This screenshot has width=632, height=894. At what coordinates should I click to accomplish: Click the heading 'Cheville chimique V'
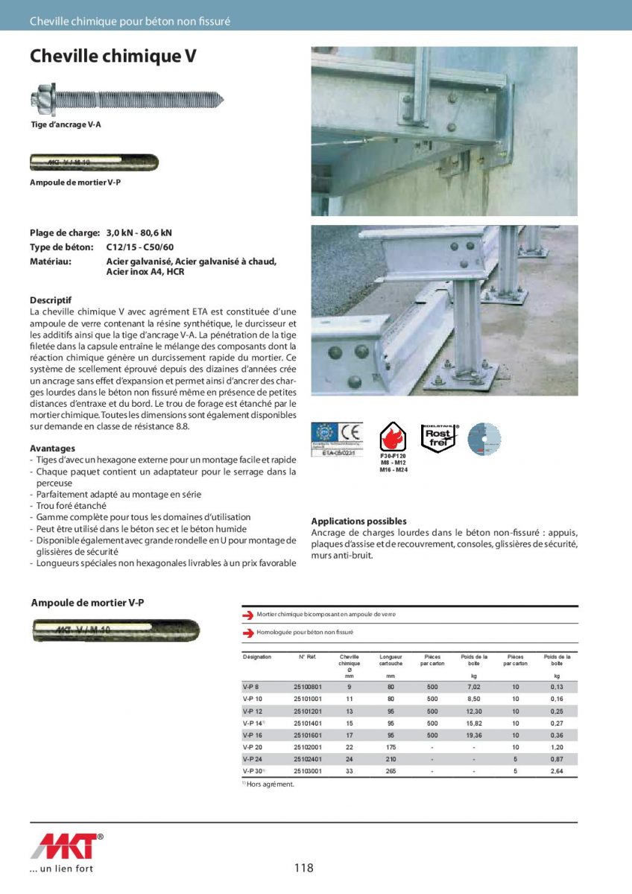click(x=113, y=57)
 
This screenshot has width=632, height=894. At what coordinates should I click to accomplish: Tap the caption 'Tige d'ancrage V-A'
click(x=66, y=124)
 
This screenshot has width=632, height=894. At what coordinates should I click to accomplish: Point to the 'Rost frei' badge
click(x=437, y=437)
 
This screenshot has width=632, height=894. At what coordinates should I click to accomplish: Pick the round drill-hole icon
click(x=484, y=439)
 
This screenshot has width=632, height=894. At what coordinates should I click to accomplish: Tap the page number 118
click(x=304, y=868)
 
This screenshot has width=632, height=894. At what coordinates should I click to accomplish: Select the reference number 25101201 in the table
click(x=308, y=711)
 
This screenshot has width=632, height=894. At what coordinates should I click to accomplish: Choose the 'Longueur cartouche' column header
click(x=391, y=660)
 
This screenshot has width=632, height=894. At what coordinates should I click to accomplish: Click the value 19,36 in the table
click(x=474, y=735)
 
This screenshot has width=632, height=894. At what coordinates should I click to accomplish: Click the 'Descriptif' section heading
click(x=51, y=300)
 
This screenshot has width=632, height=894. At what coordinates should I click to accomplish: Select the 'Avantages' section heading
click(x=52, y=448)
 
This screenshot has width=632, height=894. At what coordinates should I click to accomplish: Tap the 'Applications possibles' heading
click(x=358, y=521)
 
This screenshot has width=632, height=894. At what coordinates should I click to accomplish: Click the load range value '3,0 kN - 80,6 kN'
click(x=139, y=232)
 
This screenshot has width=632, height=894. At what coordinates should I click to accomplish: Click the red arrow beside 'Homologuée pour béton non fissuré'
click(x=248, y=633)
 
